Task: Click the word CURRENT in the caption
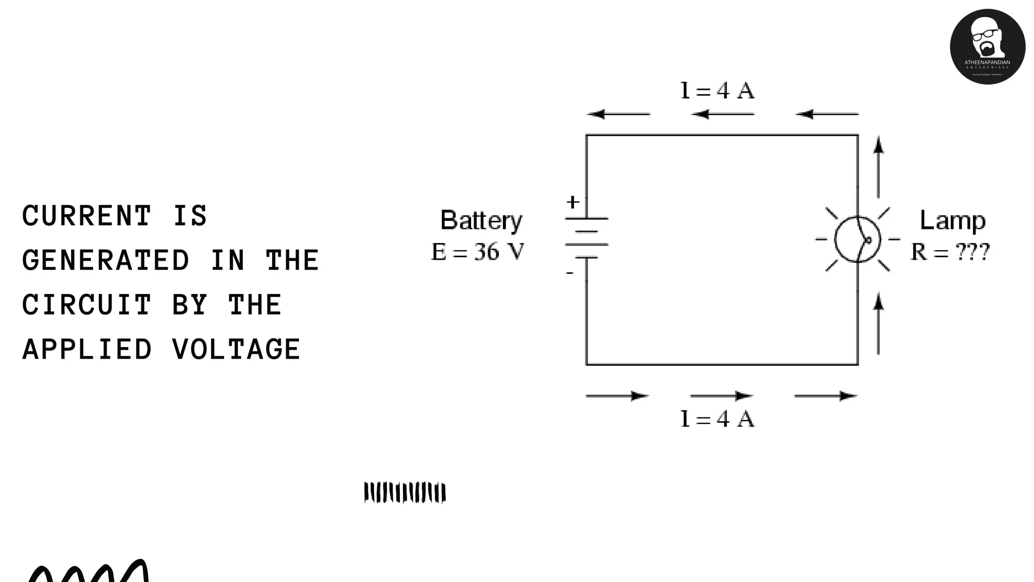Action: point(86,216)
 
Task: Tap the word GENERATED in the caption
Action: point(106,261)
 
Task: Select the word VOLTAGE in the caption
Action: point(236,350)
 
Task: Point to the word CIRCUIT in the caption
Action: point(86,305)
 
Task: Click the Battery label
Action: point(481,221)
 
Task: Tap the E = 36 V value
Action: point(478,252)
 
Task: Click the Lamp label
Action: point(952,220)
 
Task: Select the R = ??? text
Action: point(950,252)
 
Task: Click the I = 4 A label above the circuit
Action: point(717,91)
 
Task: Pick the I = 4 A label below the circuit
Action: point(717,419)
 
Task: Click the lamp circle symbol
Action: point(857,239)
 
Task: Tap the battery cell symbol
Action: point(586,238)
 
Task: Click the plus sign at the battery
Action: point(573,202)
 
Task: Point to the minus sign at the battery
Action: point(570,273)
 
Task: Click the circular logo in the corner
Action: point(987,46)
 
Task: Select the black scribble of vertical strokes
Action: point(405,493)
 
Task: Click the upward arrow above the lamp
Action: point(878,167)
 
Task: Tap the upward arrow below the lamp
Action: point(878,323)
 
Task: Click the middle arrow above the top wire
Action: point(722,114)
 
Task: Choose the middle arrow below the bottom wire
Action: point(721,396)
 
